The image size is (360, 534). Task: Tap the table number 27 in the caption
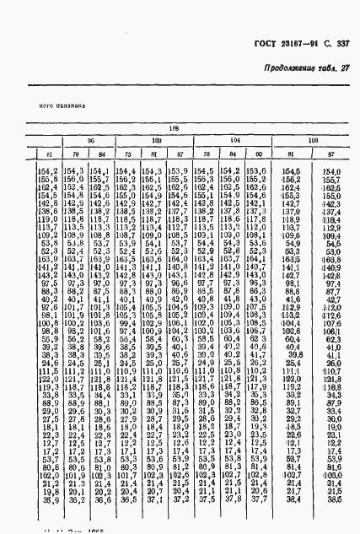(344, 69)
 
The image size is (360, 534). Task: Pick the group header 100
(157, 139)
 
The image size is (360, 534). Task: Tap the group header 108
(313, 139)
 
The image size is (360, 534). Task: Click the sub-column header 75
(126, 154)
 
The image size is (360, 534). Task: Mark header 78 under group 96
(73, 154)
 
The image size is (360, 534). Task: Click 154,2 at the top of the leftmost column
(48, 173)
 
